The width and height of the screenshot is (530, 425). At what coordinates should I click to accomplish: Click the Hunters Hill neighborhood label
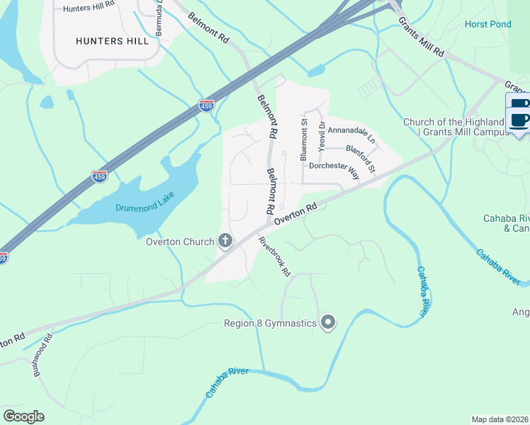pos(113,41)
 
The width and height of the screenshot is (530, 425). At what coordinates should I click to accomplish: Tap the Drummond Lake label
pos(145,208)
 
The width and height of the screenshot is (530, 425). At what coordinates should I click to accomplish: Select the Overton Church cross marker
pos(225,242)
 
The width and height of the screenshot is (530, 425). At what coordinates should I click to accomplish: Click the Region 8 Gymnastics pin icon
pos(328,323)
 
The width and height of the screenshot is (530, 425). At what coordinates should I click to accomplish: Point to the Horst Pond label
pos(487,24)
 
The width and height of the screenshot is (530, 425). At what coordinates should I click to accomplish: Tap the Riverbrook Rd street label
pos(275,256)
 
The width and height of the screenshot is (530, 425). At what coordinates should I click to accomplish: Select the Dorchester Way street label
pos(334,167)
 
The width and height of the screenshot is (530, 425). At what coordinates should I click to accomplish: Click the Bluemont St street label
pos(304,140)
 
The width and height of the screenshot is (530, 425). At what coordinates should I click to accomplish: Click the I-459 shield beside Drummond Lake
pos(100,176)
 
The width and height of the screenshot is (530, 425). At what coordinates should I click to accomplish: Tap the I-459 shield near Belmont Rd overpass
pos(206,106)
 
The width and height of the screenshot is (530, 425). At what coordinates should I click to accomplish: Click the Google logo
pos(23,416)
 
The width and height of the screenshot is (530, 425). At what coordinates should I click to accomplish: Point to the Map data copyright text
pos(500,419)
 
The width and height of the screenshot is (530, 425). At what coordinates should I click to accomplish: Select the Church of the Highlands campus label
pos(453,127)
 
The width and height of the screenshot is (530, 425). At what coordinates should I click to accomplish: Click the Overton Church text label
pos(180,242)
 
